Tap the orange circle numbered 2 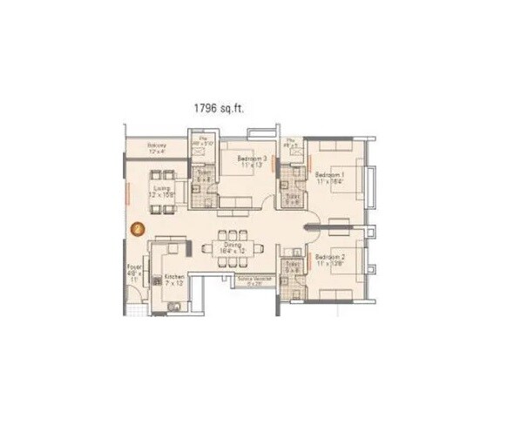pos(137,229)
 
